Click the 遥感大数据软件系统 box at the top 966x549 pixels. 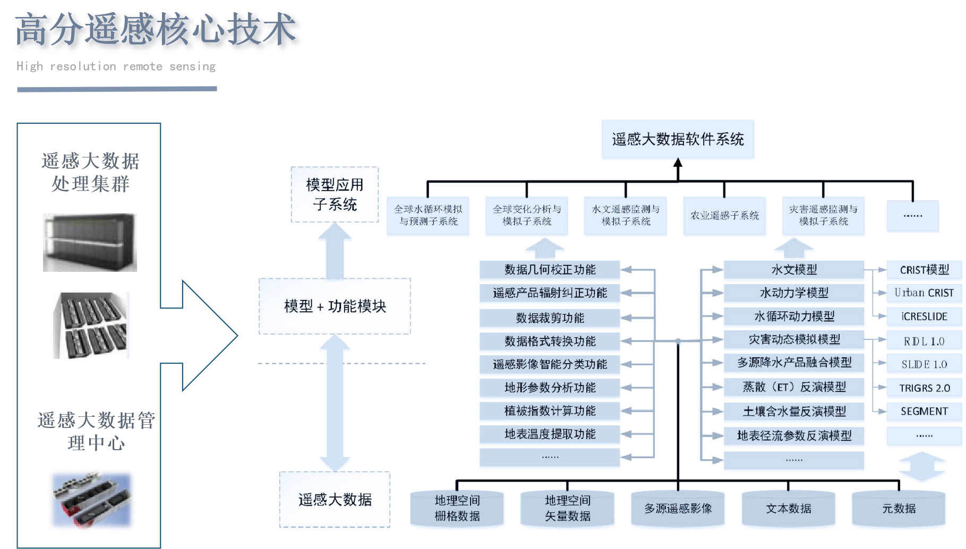[x=678, y=139]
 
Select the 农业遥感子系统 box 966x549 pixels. [x=724, y=216]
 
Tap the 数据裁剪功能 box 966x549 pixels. [x=550, y=318]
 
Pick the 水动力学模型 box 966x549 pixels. [x=794, y=293]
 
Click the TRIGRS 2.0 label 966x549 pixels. [x=924, y=388]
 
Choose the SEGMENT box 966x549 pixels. [x=924, y=411]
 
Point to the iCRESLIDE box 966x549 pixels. [x=924, y=316]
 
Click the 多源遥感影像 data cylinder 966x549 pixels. [x=678, y=509]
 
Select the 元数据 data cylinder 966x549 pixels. [x=899, y=509]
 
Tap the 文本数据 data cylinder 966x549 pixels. [x=788, y=509]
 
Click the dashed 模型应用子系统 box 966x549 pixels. [x=335, y=194]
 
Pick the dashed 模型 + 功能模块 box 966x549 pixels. [x=335, y=306]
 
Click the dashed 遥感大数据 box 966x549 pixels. [x=335, y=500]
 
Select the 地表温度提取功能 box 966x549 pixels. [x=550, y=434]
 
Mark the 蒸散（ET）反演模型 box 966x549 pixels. [x=794, y=387]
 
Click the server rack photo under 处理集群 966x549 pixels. [x=90, y=243]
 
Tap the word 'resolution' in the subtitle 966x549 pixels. [x=83, y=66]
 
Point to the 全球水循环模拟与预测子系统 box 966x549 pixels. [x=428, y=216]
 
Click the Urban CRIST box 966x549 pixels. [x=924, y=293]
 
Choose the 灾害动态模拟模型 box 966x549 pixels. [x=794, y=339]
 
